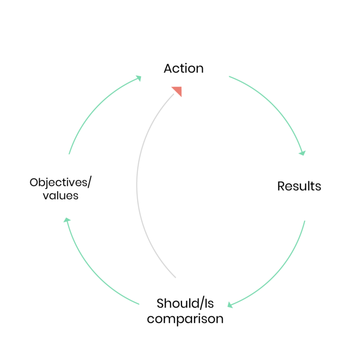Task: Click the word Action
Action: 184,68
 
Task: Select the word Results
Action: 299,186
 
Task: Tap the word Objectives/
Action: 60,182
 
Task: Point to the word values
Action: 60,195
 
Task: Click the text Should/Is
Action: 185,303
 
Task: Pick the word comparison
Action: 185,319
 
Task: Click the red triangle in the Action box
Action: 178,90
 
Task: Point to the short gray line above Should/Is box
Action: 173,275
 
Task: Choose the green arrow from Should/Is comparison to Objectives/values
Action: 91,272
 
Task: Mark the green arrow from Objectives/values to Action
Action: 94,105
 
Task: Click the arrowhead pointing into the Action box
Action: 138,78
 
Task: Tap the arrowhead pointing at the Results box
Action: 302,152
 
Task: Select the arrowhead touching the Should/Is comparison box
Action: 231,305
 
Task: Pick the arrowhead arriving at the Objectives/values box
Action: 67,220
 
